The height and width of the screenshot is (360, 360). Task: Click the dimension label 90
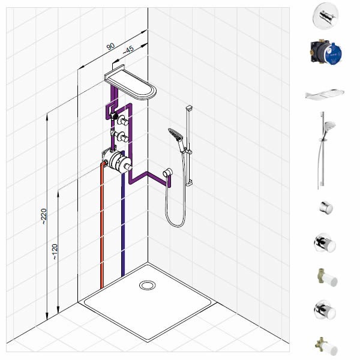[110, 46]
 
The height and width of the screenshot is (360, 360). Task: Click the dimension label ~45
[128, 50]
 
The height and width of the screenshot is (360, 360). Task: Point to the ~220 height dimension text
[44, 216]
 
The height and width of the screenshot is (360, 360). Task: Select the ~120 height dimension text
[55, 251]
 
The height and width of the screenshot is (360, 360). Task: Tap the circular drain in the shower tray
[147, 285]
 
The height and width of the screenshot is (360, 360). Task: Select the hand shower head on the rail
[176, 135]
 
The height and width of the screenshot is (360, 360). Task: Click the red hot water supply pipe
[102, 225]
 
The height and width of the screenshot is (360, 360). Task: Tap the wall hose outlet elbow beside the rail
[167, 172]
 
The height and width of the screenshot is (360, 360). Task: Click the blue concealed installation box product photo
[326, 52]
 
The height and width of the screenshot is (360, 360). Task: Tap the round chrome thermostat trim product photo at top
[325, 16]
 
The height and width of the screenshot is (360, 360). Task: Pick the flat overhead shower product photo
[325, 94]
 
